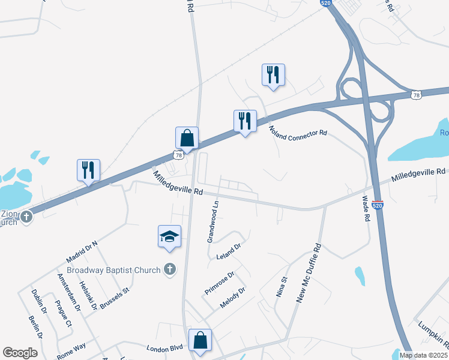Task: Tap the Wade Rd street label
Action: (x=364, y=209)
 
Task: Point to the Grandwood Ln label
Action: (x=212, y=221)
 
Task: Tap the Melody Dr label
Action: (x=233, y=298)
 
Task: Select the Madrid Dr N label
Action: (x=82, y=250)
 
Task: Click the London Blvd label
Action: (x=164, y=348)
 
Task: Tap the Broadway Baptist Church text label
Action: (x=113, y=270)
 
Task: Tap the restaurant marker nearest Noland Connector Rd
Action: (x=245, y=121)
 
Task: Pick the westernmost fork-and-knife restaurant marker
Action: (x=88, y=170)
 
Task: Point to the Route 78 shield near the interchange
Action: (x=416, y=95)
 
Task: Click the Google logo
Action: (x=20, y=353)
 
